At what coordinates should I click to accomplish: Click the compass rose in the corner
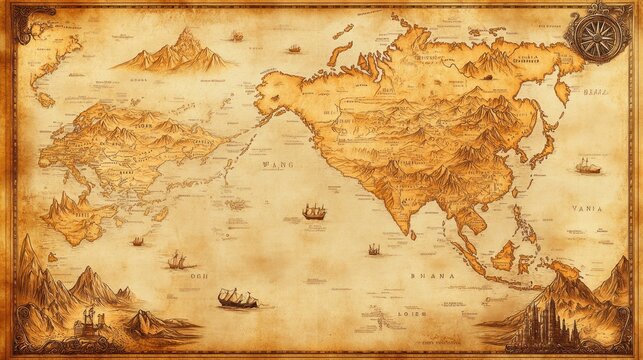click(599, 33)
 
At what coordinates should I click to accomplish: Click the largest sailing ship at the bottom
click(237, 298)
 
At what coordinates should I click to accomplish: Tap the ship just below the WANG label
click(314, 211)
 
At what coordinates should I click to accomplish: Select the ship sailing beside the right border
click(588, 166)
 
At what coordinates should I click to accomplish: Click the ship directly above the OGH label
click(177, 260)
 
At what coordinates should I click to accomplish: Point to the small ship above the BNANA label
click(374, 248)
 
